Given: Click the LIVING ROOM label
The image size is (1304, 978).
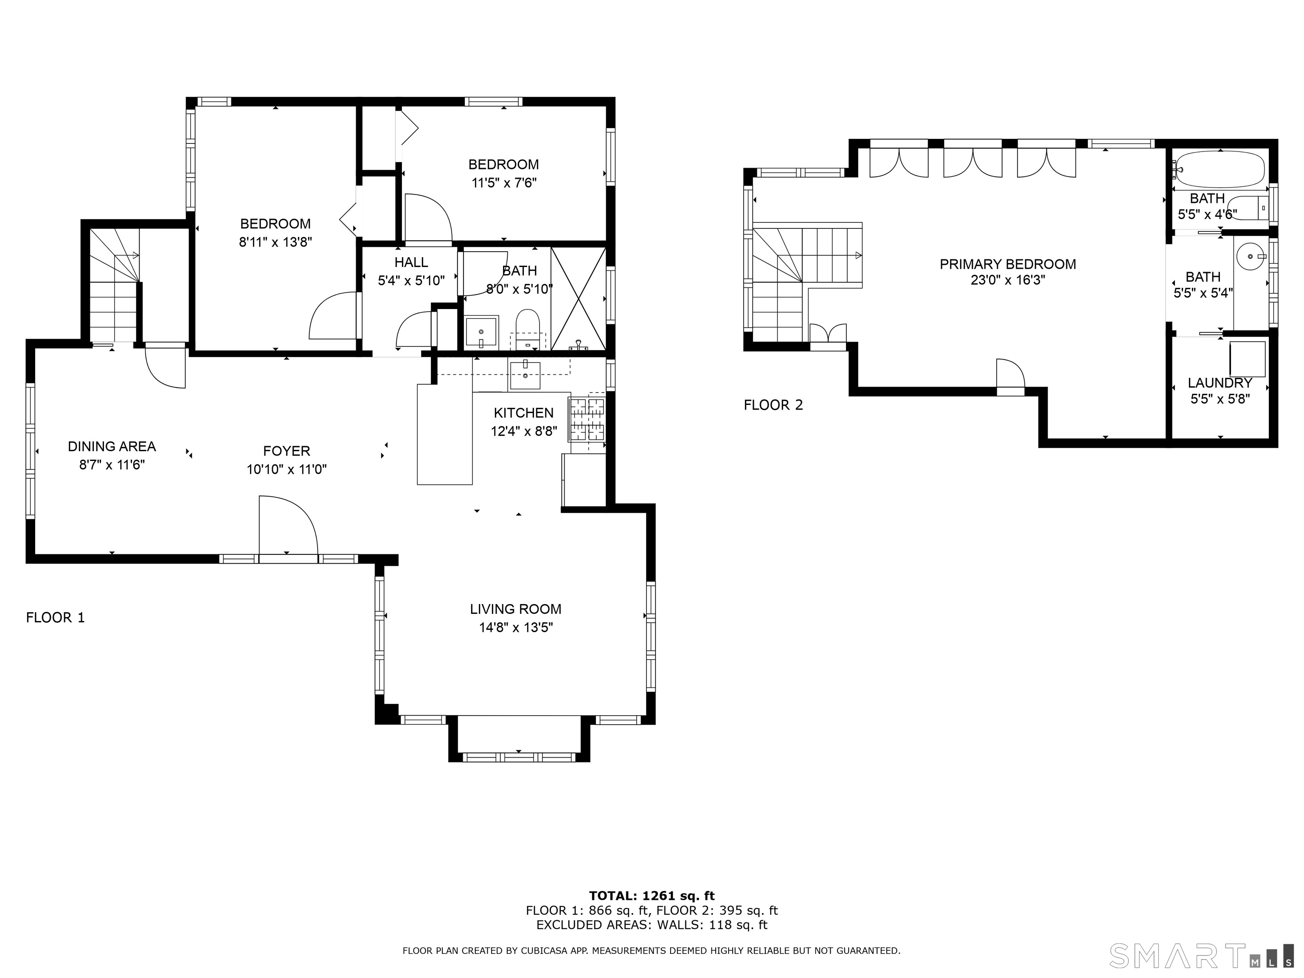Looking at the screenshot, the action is pos(516,609).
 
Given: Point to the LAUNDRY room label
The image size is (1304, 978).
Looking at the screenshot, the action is pos(1220,382).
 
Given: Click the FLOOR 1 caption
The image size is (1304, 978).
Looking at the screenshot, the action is pos(56,617).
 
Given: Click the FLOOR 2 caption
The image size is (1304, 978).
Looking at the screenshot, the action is pos(773,405).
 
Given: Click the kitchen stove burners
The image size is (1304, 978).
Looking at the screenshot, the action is pos(587,419).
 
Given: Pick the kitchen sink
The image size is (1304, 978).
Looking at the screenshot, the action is pos(525,375).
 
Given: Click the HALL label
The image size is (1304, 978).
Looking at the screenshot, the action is pos(411,262).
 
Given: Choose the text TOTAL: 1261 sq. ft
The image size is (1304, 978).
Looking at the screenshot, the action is pos(652,896).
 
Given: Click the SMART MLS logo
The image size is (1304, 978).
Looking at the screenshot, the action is pos(1201,956).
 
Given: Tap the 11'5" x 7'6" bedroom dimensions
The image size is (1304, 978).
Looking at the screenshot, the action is pos(504,183).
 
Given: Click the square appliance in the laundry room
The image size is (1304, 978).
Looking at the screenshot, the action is pos(1248,359).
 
